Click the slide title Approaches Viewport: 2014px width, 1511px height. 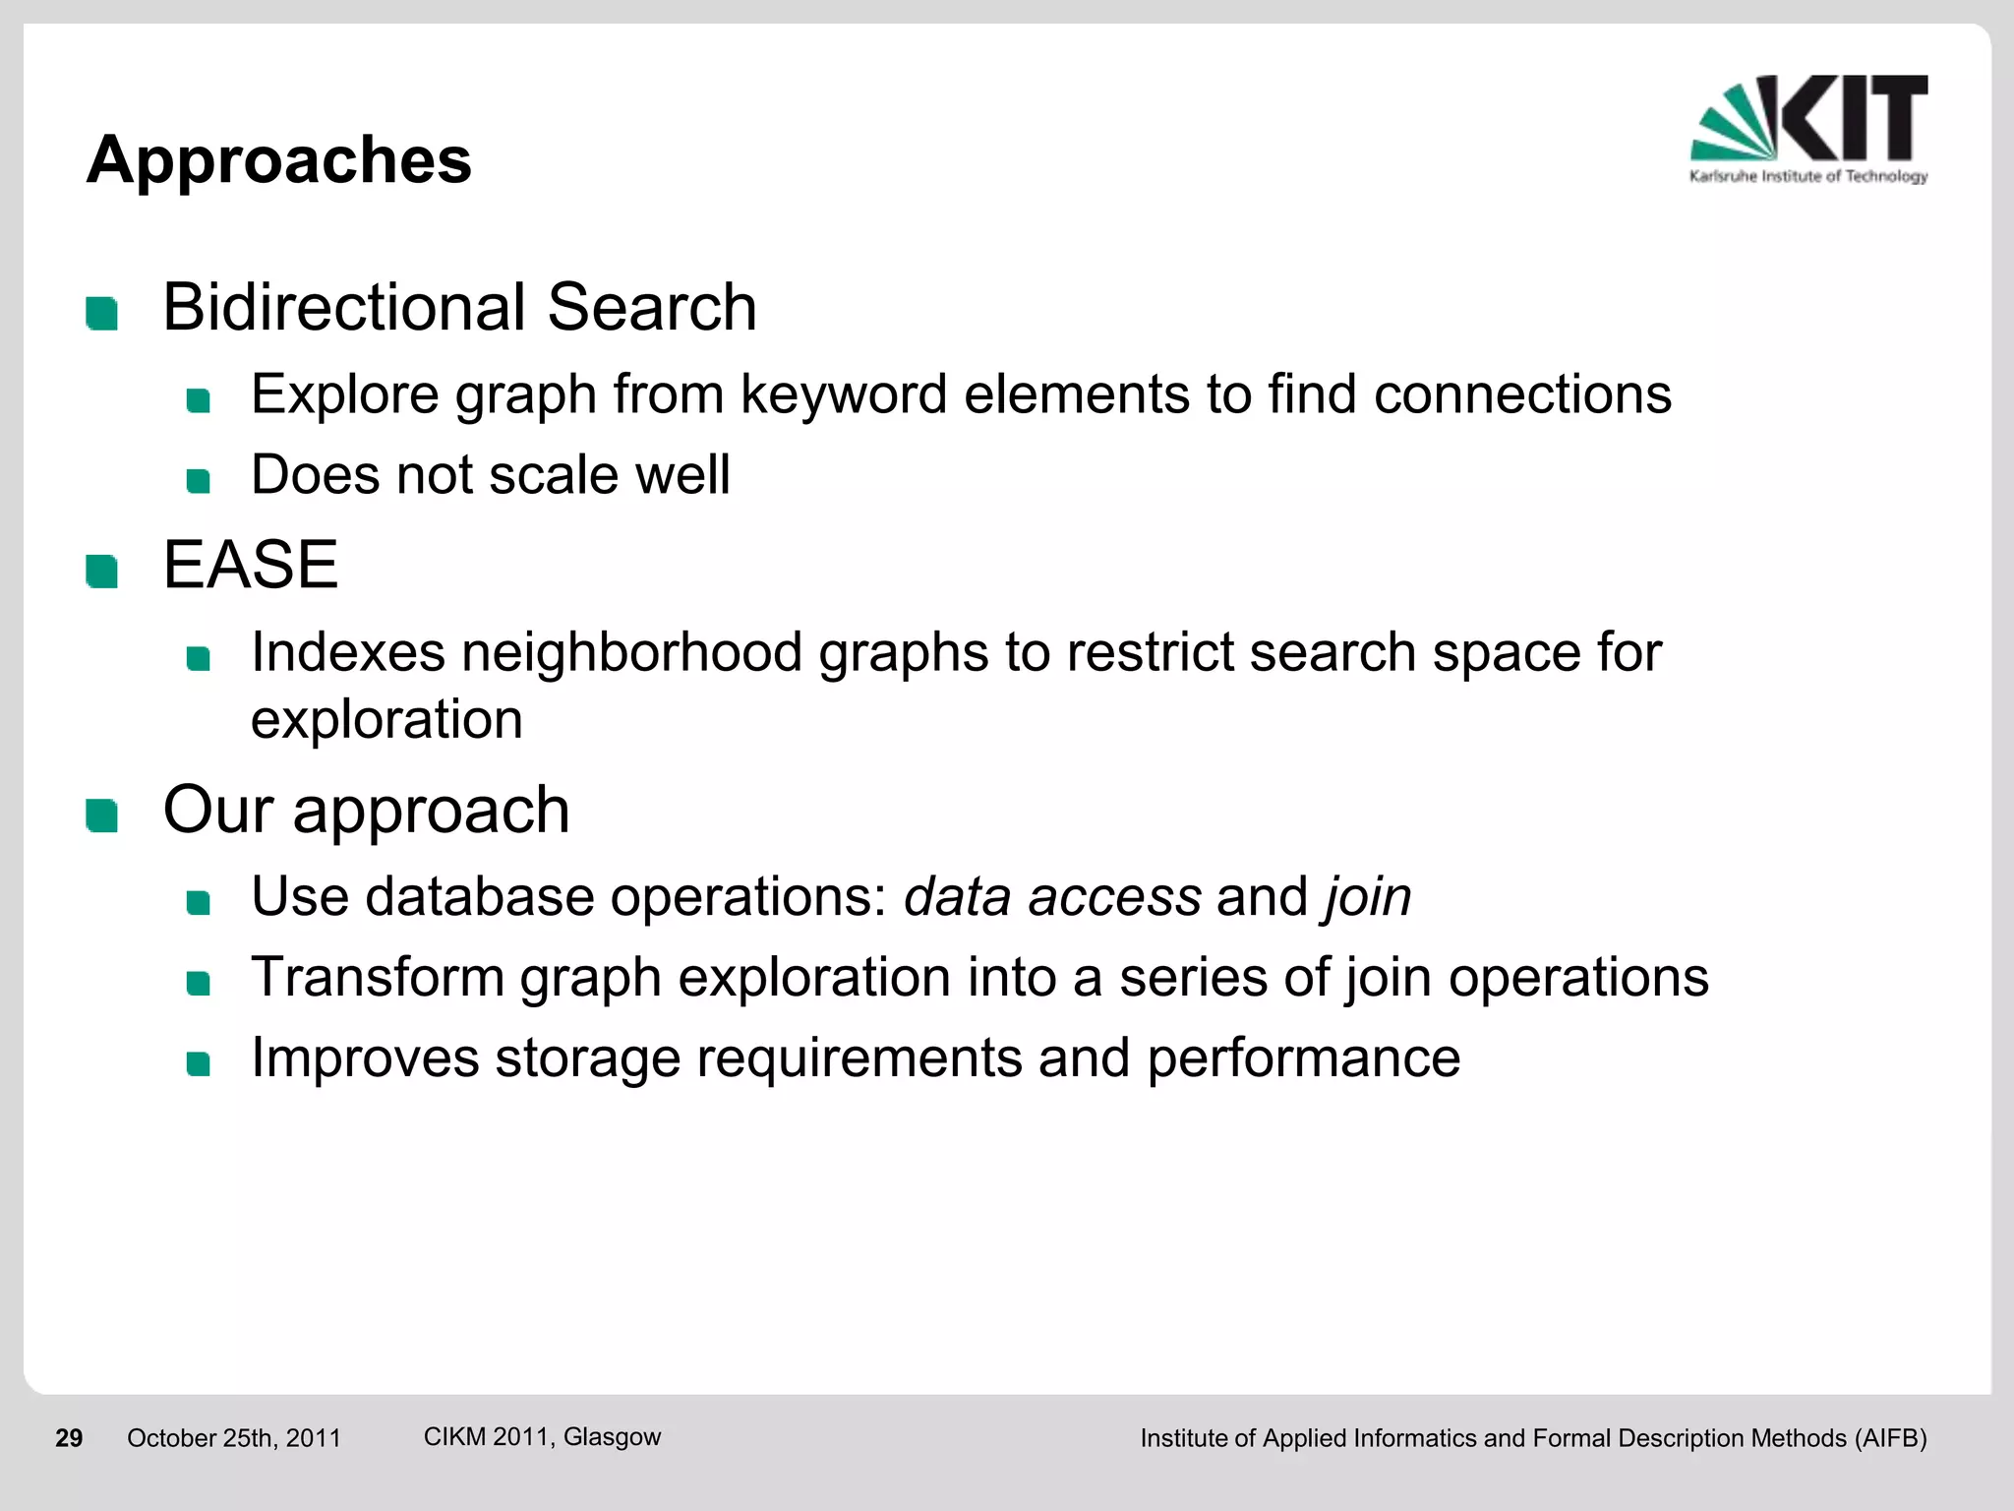click(279, 159)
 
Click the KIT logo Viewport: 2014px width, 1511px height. click(1808, 129)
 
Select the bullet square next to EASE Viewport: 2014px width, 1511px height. click(102, 572)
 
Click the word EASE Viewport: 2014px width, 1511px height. click(251, 566)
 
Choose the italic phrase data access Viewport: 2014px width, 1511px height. click(1052, 897)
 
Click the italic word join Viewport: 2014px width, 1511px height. click(1368, 897)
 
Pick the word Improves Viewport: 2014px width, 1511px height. click(365, 1058)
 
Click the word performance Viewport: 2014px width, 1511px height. click(1303, 1058)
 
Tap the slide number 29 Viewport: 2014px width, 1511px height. click(69, 1438)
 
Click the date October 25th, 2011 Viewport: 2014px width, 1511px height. click(234, 1438)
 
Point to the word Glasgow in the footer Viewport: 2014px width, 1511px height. click(612, 1437)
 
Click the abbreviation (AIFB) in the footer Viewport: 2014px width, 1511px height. click(1890, 1438)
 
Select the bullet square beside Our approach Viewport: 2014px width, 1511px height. click(102, 816)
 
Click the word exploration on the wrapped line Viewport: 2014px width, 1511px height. click(386, 720)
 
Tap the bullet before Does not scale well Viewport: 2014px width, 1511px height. click(199, 481)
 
